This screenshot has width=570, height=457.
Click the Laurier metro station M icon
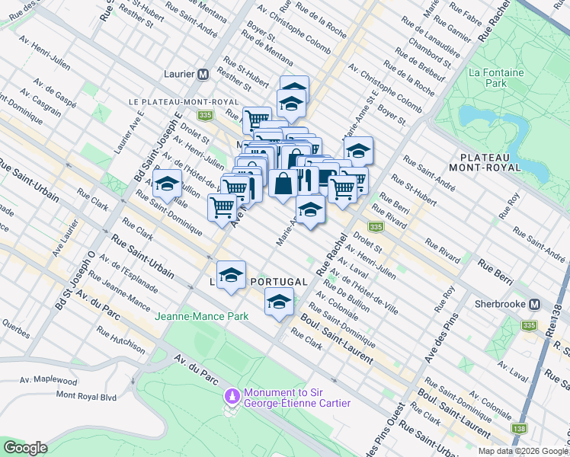203,75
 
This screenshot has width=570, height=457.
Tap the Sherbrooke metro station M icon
535,304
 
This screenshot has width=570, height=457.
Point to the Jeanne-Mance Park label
201,315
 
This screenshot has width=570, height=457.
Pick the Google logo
25,448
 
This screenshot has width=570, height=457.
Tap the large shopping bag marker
283,184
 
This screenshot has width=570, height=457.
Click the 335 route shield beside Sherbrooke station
529,325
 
